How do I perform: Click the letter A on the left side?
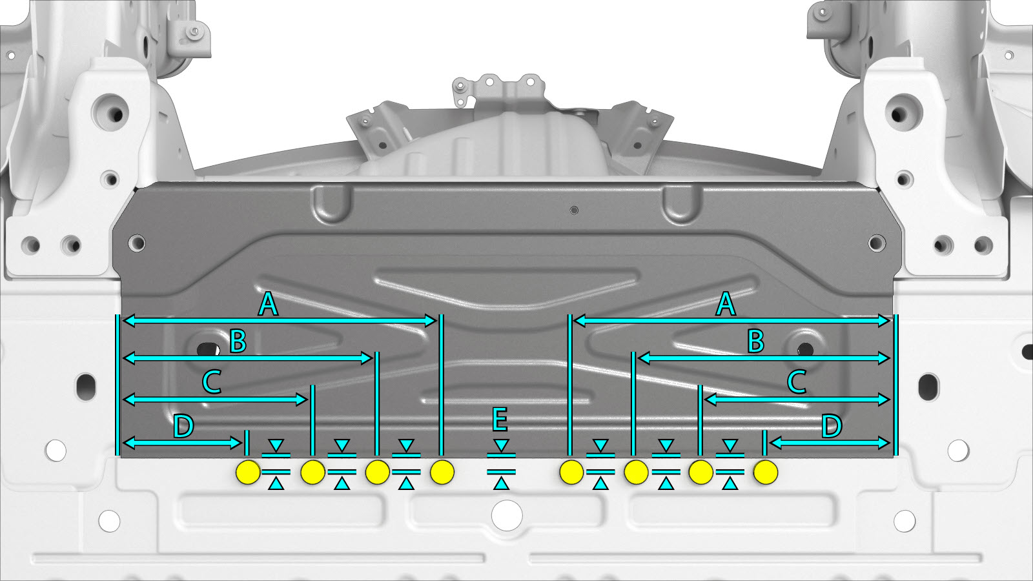(x=269, y=304)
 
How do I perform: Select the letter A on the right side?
(x=726, y=304)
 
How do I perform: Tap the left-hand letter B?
(x=238, y=341)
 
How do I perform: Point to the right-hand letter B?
(x=756, y=341)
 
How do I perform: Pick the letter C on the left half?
(x=212, y=382)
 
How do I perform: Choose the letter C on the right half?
(x=797, y=382)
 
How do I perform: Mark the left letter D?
(x=183, y=426)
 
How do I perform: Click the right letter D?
(x=832, y=426)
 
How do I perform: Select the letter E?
(x=500, y=419)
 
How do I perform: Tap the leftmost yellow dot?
(x=248, y=472)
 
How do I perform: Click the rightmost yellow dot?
(x=766, y=472)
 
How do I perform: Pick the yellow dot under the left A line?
(x=442, y=472)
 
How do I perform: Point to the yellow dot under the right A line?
(x=571, y=472)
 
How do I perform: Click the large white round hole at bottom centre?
(x=507, y=515)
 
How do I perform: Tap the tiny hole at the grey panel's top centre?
(x=574, y=210)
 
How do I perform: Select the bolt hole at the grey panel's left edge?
(x=137, y=243)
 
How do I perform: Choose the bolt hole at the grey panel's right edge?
(x=877, y=243)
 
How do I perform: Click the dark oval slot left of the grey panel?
(x=86, y=387)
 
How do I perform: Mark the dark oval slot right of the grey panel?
(x=928, y=387)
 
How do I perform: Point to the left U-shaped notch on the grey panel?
(x=331, y=203)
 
